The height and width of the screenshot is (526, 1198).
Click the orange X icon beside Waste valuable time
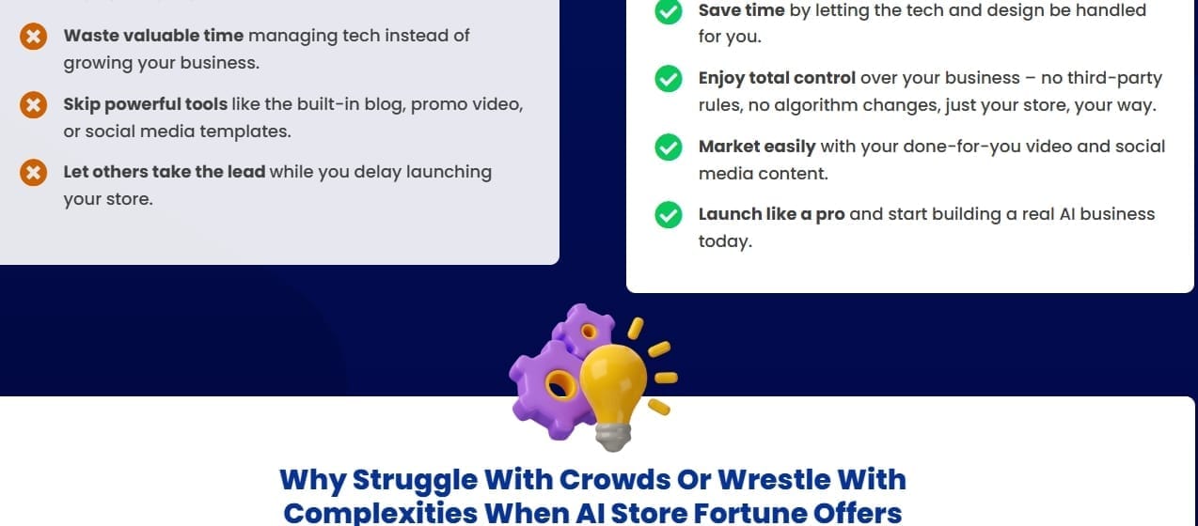pos(33,37)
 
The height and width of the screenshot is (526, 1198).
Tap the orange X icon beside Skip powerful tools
pos(33,104)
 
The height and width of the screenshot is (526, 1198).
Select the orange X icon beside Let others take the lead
pos(33,173)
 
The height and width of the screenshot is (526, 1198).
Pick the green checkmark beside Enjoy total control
pos(669,79)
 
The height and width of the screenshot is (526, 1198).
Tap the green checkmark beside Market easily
pos(669,147)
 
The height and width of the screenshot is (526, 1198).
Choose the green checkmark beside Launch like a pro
pos(669,215)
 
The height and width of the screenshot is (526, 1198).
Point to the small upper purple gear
pos(584,331)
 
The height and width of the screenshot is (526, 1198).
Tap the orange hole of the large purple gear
pos(560,385)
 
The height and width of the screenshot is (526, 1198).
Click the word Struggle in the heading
pos(415,481)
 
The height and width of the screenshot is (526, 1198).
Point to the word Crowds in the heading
pos(615,480)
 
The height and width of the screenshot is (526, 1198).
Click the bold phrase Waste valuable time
pos(153,36)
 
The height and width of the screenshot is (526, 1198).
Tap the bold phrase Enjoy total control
pos(777,79)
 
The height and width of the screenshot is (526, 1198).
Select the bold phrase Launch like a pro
pos(772,214)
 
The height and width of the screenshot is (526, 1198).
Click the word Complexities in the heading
pos(380,514)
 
